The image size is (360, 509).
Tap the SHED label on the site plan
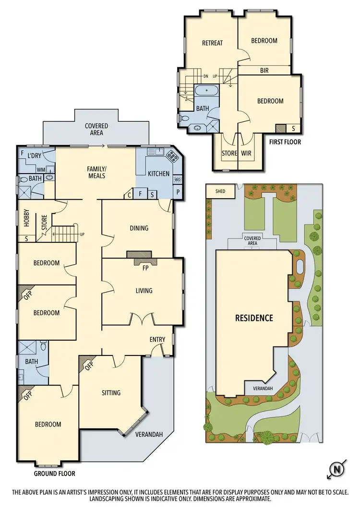click(x=220, y=191)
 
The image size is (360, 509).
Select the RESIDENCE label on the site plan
click(x=254, y=318)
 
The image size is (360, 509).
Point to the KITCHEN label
click(x=158, y=173)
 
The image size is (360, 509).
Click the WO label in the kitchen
click(x=177, y=180)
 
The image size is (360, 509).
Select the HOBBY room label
click(x=27, y=219)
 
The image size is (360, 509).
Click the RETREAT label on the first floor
click(x=212, y=43)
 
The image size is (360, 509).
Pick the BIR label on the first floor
click(x=264, y=71)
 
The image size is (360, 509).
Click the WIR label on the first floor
click(x=246, y=154)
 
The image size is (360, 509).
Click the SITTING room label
click(x=111, y=393)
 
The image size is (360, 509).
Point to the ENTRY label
click(x=157, y=340)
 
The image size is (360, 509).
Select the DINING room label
click(x=139, y=228)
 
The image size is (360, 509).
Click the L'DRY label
click(x=34, y=156)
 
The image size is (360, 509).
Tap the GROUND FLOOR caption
click(x=54, y=473)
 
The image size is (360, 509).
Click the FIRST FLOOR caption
click(x=285, y=142)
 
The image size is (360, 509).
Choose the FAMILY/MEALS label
click(x=96, y=172)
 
